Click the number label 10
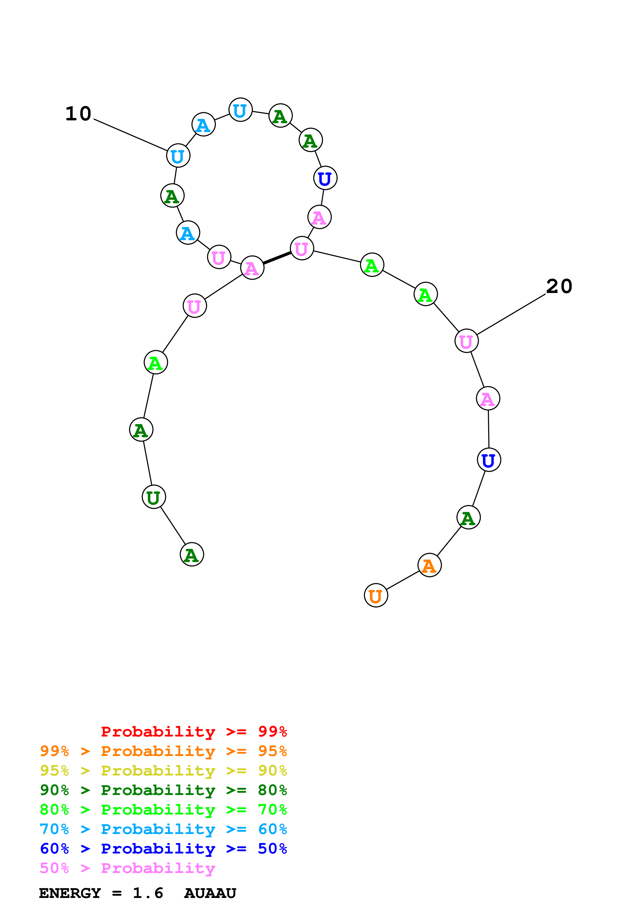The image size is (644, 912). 78,114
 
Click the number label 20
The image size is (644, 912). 559,286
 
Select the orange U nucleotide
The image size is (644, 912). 375,595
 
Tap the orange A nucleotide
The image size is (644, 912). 429,565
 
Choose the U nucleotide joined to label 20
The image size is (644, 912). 466,341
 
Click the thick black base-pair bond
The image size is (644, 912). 277,258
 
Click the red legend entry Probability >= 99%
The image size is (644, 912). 194,732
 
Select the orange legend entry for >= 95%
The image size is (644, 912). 163,751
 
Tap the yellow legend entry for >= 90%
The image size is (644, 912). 163,771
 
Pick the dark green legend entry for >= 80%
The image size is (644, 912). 163,790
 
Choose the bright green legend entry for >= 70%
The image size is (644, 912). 163,810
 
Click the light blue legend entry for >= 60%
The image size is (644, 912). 163,829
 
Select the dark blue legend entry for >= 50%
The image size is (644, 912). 163,849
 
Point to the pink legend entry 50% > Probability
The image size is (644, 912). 127,868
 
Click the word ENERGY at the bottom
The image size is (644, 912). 70,893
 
